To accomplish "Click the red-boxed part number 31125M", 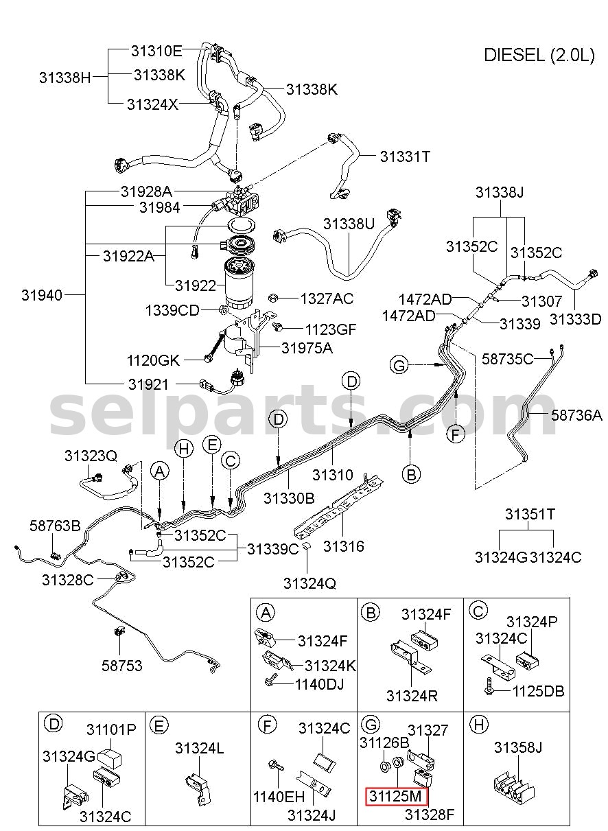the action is pyautogui.click(x=395, y=795).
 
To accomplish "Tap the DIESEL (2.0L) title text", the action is pyautogui.click(x=539, y=55).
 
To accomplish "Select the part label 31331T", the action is pyautogui.click(x=405, y=156).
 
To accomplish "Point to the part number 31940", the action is pyautogui.click(x=42, y=295).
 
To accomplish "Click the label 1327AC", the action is pyautogui.click(x=327, y=299).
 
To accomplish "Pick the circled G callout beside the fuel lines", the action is pyautogui.click(x=399, y=365).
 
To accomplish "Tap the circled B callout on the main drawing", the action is pyautogui.click(x=411, y=473).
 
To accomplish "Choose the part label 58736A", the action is pyautogui.click(x=576, y=415).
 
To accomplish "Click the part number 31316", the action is pyautogui.click(x=344, y=546).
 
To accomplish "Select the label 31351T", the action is pyautogui.click(x=530, y=514).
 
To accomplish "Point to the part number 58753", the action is pyautogui.click(x=122, y=665).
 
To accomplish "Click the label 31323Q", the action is pyautogui.click(x=91, y=456).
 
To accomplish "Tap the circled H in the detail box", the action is pyautogui.click(x=479, y=725).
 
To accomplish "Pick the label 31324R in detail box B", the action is pyautogui.click(x=412, y=696).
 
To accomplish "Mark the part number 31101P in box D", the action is pyautogui.click(x=111, y=729).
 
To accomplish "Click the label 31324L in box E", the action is pyautogui.click(x=200, y=748).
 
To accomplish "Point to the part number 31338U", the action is pyautogui.click(x=349, y=224).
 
